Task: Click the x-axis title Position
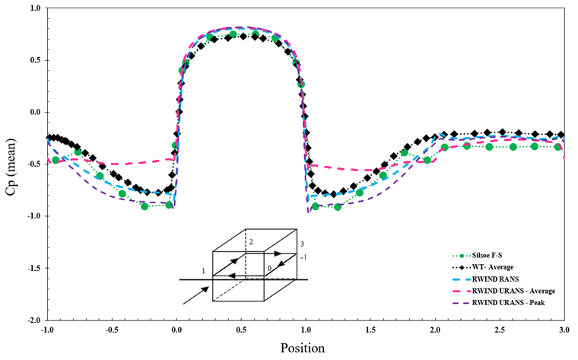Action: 305,349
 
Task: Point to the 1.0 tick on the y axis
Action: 33,8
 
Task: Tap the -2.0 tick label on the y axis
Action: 32,320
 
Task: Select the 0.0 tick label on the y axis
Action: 33,113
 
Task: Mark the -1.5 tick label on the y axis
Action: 32,269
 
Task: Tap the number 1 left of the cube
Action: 204,271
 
